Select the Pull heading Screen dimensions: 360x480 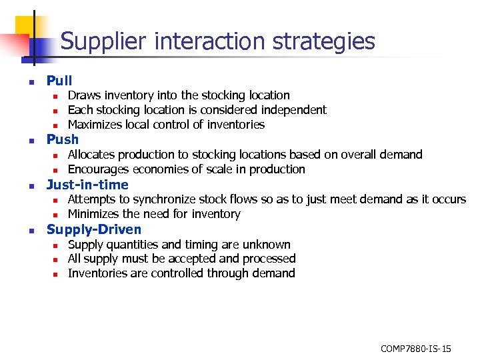tap(59, 81)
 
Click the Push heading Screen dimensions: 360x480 tap(62, 139)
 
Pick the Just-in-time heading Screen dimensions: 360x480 tap(87, 185)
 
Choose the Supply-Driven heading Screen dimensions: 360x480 tap(94, 230)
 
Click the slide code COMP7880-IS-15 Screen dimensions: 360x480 tap(415, 349)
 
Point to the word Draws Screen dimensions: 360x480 tap(83, 95)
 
